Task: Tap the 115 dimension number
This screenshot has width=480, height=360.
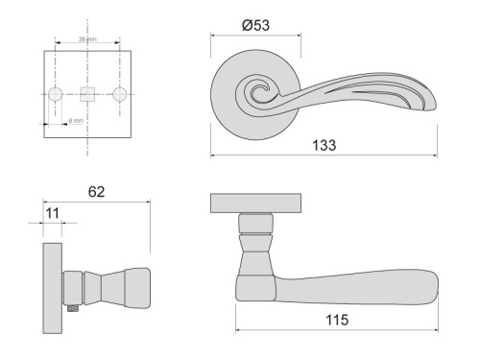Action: pyautogui.click(x=336, y=320)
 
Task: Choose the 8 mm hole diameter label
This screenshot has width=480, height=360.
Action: pyautogui.click(x=76, y=121)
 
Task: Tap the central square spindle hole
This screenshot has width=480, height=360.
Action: pyautogui.click(x=87, y=94)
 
